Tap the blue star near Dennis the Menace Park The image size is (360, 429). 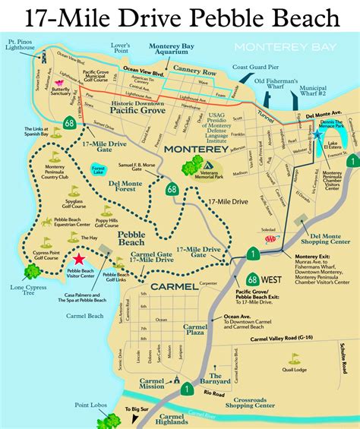(317, 134)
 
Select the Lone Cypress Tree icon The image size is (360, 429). (32, 271)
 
